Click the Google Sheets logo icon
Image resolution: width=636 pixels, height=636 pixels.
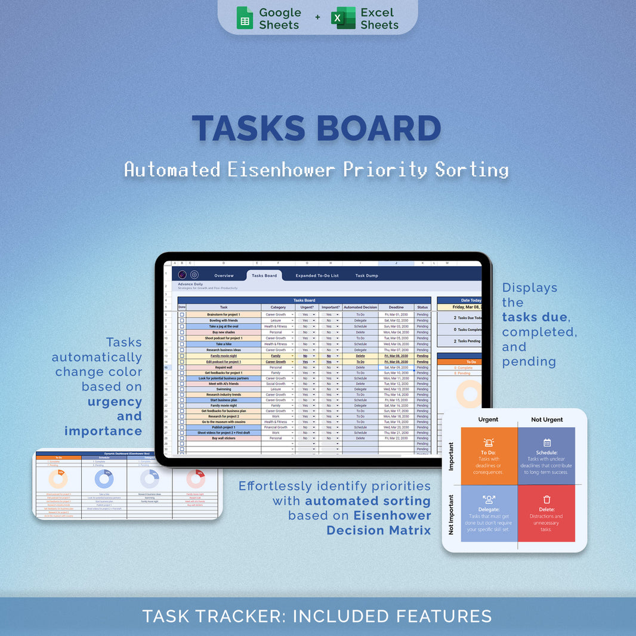tap(245, 18)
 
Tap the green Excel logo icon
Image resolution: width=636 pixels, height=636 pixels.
tap(343, 18)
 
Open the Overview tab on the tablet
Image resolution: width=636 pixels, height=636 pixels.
tap(224, 276)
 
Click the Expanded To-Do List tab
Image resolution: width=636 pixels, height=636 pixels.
tap(317, 276)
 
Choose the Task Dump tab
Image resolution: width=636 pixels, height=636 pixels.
tap(366, 276)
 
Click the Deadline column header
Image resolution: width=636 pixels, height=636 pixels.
tap(396, 307)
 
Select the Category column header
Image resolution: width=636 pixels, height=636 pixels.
tap(278, 307)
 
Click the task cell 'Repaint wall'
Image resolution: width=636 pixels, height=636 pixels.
tap(224, 368)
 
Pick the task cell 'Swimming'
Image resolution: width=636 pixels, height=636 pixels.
tap(224, 389)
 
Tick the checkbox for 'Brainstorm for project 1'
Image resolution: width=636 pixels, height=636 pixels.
tap(182, 314)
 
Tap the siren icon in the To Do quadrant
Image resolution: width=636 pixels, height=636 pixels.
tap(489, 443)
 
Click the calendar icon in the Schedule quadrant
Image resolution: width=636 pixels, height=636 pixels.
tap(547, 443)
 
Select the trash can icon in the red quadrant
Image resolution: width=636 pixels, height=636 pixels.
tap(547, 499)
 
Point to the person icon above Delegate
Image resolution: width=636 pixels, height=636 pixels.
tap(489, 499)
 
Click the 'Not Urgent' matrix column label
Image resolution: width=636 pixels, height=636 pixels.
tap(547, 419)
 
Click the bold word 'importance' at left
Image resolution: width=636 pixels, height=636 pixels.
tap(103, 431)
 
